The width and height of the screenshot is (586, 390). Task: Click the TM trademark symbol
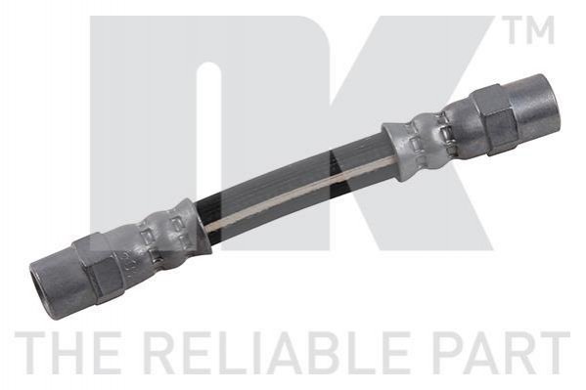529,30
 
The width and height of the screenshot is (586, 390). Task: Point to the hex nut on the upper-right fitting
492,119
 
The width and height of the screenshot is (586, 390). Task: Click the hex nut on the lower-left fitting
97,267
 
